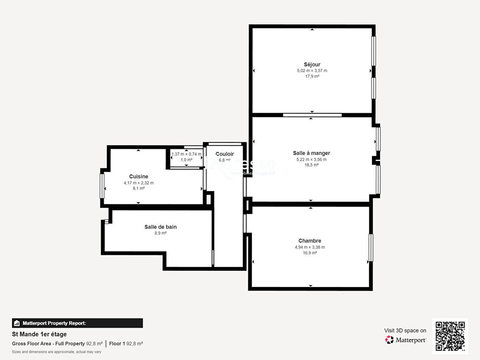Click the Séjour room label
click(312, 64)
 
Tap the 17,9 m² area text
click(312, 76)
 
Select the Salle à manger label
click(312, 153)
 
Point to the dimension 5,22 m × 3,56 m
click(312, 159)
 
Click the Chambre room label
click(310, 241)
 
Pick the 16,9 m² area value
click(310, 253)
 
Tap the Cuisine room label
click(138, 177)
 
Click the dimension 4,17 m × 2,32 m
click(138, 183)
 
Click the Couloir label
click(224, 154)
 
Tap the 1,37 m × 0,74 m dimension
click(186, 154)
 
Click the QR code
click(450, 336)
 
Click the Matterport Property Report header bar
click(77, 323)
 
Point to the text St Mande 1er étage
click(39, 334)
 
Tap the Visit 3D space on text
click(405, 330)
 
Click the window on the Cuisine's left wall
click(102, 186)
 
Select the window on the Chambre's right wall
click(371, 248)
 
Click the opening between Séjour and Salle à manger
click(312, 115)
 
